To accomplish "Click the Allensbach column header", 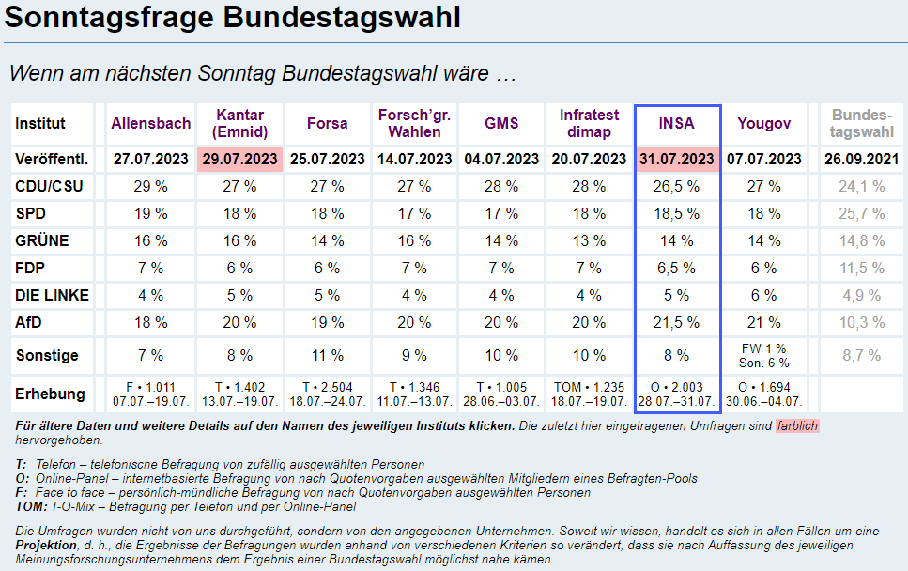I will tap(150, 123).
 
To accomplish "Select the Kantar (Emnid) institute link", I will tap(239, 123).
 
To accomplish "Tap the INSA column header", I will tap(677, 123).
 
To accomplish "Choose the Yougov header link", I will tap(763, 123).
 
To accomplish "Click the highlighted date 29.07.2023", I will tap(239, 159).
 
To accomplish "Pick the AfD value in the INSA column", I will tap(677, 322).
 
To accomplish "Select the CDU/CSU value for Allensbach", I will tap(150, 186).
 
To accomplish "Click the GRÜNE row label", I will tap(42, 240).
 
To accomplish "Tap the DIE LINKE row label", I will tap(53, 295).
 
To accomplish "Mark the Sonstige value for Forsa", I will tap(327, 356).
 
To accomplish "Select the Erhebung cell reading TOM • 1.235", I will tap(589, 394).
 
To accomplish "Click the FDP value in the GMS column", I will tap(500, 268).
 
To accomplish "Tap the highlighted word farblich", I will tap(797, 425).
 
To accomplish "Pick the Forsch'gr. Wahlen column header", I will tap(414, 123).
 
